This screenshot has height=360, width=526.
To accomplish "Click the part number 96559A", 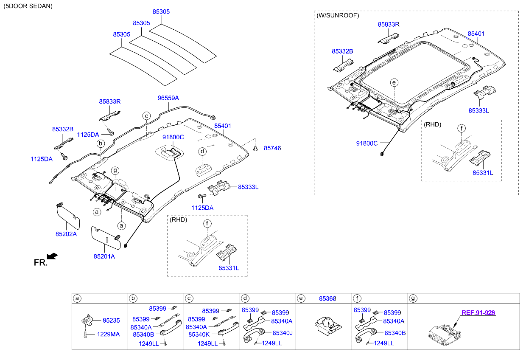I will (168, 98).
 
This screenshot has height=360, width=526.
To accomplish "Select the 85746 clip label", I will (272, 148).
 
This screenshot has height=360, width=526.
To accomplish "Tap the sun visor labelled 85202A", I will (68, 217).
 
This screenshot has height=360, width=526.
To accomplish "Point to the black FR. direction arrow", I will (52, 256).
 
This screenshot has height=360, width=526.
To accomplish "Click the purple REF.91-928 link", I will (478, 313).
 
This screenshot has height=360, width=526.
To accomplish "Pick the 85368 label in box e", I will (327, 298).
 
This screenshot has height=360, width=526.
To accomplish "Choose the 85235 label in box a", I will (111, 321).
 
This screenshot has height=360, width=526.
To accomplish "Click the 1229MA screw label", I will (108, 334).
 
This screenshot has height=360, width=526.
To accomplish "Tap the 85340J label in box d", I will (282, 333).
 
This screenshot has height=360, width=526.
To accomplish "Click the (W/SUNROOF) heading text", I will (338, 15).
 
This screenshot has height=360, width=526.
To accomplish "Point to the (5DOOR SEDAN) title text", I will (28, 6).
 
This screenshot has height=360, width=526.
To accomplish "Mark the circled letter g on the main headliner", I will (115, 171).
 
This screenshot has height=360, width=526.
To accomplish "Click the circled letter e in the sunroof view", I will (394, 82).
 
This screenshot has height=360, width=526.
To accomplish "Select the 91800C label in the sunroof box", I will (367, 143).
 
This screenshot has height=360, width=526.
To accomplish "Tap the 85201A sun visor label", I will (104, 256).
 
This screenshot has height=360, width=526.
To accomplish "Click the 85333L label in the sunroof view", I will (478, 110).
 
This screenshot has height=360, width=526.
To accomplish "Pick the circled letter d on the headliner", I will (203, 152).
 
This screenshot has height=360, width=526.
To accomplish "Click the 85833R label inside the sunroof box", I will (389, 25).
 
